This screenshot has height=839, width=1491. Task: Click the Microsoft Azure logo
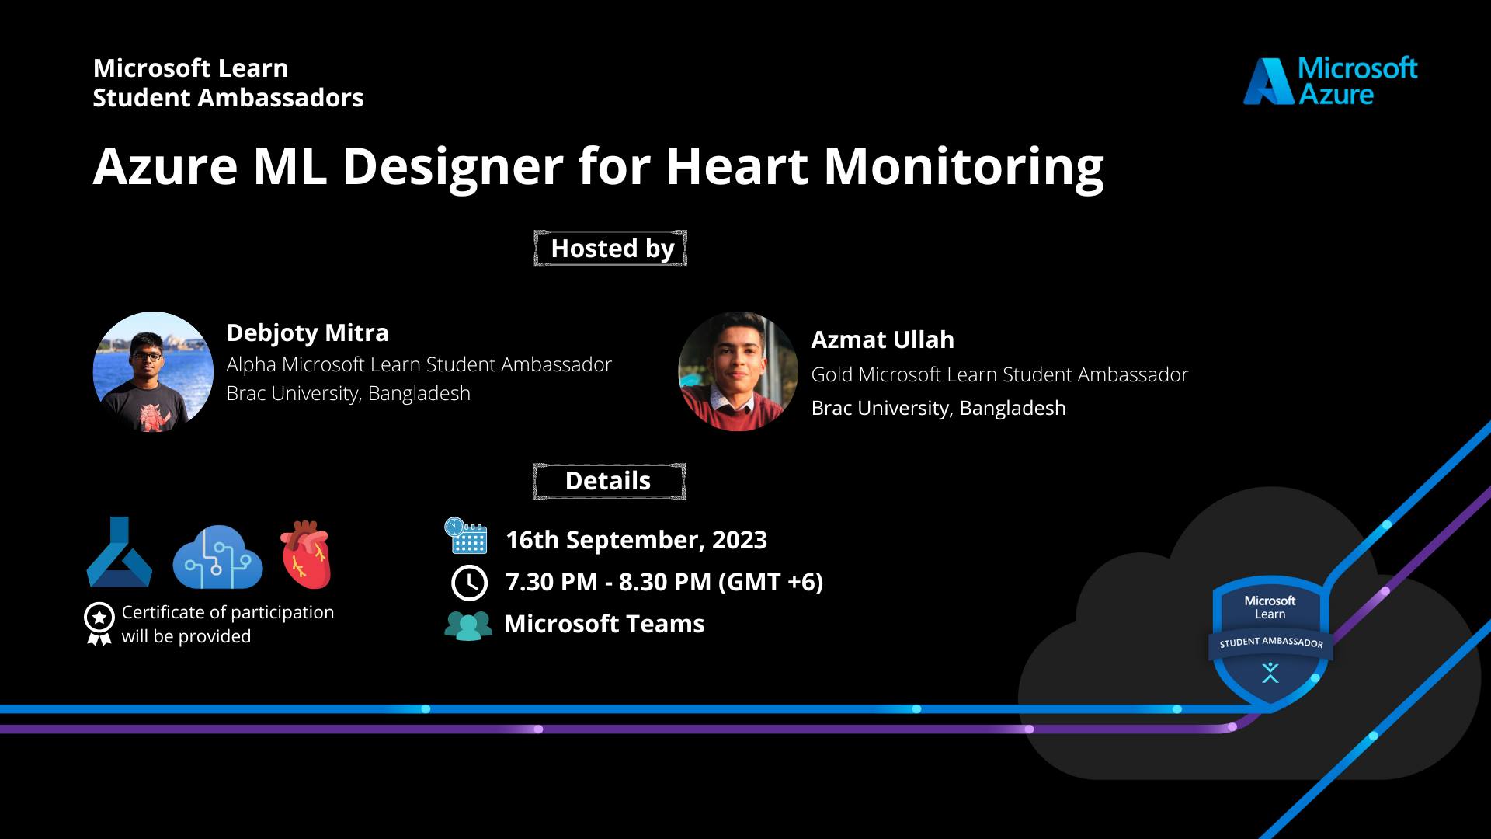click(x=1331, y=81)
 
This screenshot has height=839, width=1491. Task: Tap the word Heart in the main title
click(x=737, y=166)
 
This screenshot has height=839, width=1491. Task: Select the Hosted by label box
click(x=610, y=249)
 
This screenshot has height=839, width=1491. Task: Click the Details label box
click(x=609, y=481)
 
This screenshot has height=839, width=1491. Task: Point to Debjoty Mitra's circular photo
click(x=153, y=372)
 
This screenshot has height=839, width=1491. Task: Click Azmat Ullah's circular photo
click(x=738, y=371)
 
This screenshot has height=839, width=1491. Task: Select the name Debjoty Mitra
click(x=308, y=333)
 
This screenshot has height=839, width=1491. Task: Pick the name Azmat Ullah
click(x=883, y=339)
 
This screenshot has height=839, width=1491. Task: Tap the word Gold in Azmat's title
click(x=832, y=374)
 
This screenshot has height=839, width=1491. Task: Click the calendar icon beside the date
click(x=466, y=536)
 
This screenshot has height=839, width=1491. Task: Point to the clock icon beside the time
click(x=469, y=583)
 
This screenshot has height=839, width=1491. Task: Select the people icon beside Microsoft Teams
click(x=468, y=625)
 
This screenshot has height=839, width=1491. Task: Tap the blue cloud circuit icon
click(x=217, y=557)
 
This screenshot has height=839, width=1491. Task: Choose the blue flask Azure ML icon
click(x=119, y=552)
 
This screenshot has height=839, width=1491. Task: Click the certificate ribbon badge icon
click(x=99, y=624)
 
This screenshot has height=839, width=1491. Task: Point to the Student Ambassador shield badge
click(x=1270, y=642)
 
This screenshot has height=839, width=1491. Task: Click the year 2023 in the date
click(x=739, y=540)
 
